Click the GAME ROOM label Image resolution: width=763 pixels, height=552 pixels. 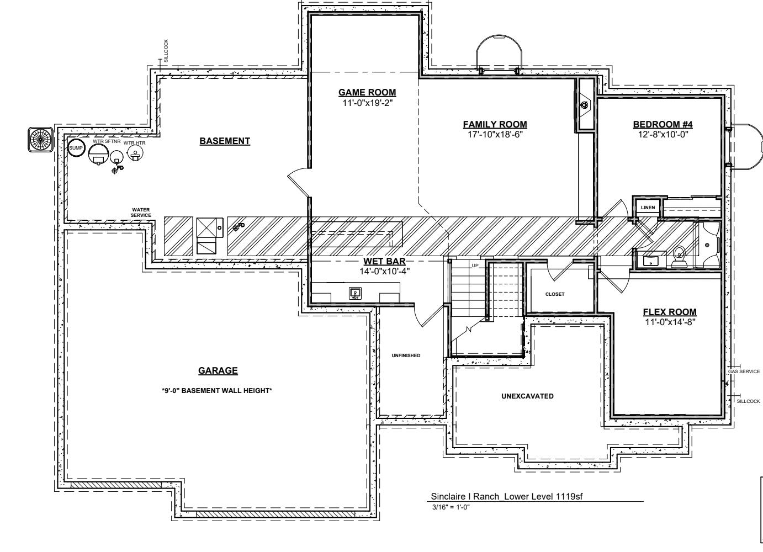[367, 92]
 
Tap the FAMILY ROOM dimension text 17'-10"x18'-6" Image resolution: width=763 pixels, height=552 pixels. [495, 135]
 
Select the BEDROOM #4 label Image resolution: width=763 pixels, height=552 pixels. [663, 124]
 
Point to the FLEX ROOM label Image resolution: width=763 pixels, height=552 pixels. [670, 312]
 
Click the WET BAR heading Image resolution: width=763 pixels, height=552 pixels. [385, 261]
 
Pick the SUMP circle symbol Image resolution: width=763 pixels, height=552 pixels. [76, 148]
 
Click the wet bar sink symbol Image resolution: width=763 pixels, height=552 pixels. [355, 293]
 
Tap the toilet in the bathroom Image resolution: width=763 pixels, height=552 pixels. [679, 257]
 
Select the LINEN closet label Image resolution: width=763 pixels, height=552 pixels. [648, 208]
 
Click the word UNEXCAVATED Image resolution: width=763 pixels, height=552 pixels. [527, 396]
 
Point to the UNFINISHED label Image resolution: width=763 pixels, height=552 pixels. [406, 355]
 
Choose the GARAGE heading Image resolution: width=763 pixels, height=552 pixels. [218, 370]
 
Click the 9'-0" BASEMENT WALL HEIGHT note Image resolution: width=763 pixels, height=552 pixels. [217, 391]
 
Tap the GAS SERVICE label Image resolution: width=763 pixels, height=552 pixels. [744, 371]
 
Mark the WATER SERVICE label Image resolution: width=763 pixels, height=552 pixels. [141, 213]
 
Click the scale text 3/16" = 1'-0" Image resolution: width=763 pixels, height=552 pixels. [451, 507]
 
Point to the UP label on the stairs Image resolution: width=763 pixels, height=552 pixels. [475, 266]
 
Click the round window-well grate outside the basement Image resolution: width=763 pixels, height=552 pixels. [40, 140]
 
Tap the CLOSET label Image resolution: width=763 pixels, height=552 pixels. [555, 294]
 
